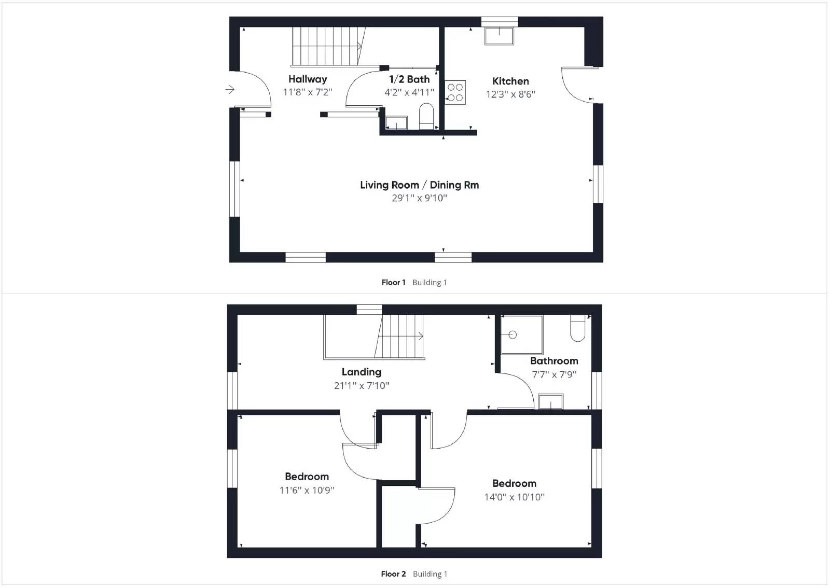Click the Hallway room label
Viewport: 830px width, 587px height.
point(308,79)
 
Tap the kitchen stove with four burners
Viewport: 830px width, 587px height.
point(455,92)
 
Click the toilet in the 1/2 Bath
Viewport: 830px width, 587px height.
point(426,116)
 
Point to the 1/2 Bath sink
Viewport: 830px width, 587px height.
point(396,123)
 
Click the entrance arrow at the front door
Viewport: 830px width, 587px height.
point(230,90)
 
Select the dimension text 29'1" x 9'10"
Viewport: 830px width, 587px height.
point(419,198)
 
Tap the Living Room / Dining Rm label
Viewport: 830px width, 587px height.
point(419,185)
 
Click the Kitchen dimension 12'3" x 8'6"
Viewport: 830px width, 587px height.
point(510,94)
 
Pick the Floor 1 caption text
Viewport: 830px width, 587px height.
point(393,283)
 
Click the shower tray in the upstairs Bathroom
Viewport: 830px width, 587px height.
point(521,335)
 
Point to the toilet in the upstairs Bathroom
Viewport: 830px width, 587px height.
point(577,328)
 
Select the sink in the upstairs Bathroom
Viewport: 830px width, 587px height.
point(550,401)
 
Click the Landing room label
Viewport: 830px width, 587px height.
point(361,372)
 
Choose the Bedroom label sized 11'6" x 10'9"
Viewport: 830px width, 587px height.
point(307,477)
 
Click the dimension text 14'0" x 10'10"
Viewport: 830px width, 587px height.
point(514,497)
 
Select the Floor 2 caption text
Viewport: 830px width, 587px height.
point(393,574)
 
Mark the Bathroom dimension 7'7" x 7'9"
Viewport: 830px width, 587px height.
point(554,374)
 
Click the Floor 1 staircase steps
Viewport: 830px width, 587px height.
point(326,46)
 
